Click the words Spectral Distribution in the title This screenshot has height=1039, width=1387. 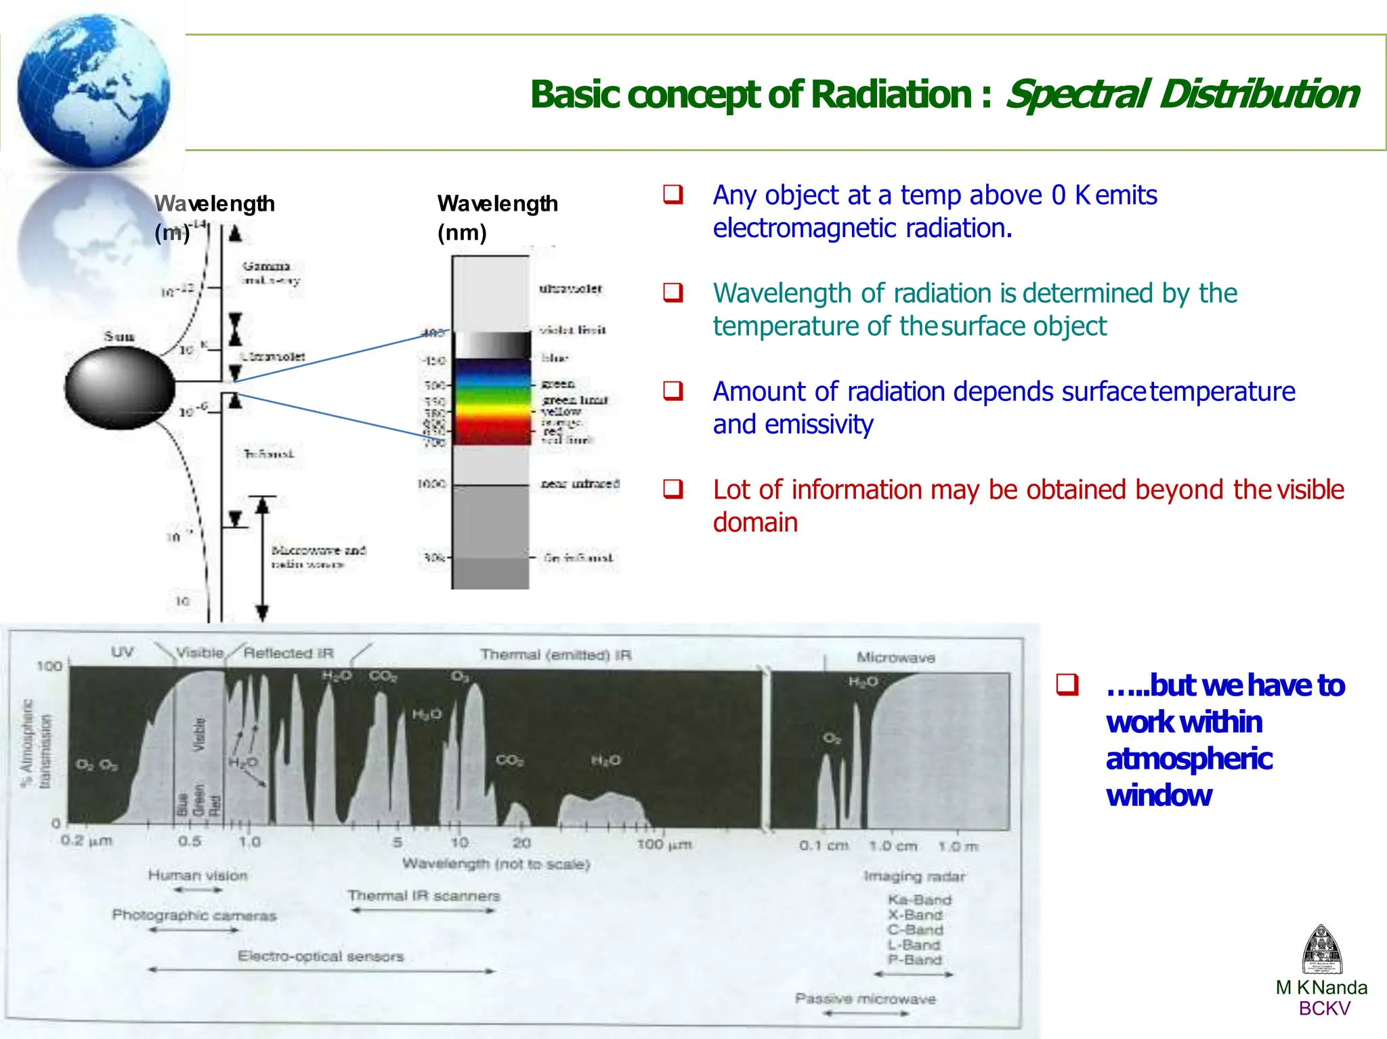[x=1182, y=94]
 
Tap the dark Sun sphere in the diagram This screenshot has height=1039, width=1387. [x=119, y=388]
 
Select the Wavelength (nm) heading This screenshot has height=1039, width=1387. [x=497, y=217]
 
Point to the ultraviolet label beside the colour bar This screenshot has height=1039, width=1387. [x=570, y=289]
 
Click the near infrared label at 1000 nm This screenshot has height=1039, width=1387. [x=580, y=484]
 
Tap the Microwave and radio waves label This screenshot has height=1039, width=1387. [x=318, y=557]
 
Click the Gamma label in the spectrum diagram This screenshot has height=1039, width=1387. [x=267, y=266]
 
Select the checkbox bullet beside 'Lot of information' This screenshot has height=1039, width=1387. [x=673, y=488]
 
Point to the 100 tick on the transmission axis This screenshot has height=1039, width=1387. [x=49, y=666]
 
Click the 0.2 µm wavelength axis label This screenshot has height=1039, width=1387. [x=86, y=841]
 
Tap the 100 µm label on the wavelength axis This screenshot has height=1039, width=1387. [x=664, y=845]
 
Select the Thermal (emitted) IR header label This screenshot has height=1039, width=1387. [x=555, y=655]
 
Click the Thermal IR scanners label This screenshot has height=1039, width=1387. [x=424, y=896]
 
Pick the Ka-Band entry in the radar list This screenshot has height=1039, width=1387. [x=920, y=900]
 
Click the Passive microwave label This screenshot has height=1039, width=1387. [x=865, y=999]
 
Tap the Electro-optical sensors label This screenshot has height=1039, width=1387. [x=320, y=956]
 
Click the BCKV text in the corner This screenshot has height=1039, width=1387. [x=1324, y=1009]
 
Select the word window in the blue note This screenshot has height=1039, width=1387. [x=1159, y=795]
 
